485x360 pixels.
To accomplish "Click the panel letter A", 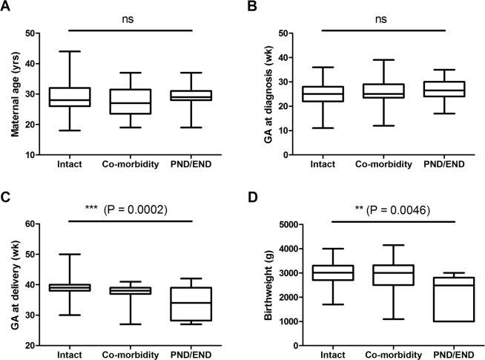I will (x=7, y=7).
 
